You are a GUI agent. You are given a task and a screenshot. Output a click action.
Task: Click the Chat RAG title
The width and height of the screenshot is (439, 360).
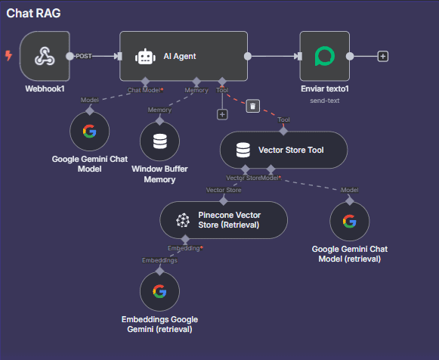pos(33,13)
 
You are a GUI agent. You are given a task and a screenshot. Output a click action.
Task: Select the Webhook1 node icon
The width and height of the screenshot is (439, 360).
pos(45,56)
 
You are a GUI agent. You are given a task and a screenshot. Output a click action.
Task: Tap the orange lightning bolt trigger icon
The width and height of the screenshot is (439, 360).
pos(8,55)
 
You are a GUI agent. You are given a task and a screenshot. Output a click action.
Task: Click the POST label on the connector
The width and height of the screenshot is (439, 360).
pos(84,56)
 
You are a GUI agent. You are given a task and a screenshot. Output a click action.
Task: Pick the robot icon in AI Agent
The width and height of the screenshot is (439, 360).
pos(145,57)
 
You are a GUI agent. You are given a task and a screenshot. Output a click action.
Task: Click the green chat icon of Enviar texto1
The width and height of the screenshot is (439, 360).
pos(325,56)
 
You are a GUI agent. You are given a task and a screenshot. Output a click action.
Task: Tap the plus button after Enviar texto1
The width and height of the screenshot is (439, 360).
pos(383,56)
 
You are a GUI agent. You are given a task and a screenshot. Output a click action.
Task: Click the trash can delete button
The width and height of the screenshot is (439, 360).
pos(253,106)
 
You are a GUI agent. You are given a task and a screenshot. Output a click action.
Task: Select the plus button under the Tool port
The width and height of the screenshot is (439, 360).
pos(222,115)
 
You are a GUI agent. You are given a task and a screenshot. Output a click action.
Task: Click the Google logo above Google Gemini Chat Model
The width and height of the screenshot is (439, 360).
pos(90,131)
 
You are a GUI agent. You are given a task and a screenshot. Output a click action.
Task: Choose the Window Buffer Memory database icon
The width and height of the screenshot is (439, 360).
pos(160,141)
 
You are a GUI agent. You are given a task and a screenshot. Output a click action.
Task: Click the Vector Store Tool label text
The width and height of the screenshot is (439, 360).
pos(291,150)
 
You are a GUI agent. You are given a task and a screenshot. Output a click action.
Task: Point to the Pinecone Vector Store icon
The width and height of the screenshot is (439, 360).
pos(183,220)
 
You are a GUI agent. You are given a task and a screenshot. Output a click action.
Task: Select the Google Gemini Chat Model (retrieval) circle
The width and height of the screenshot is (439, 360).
pos(349,222)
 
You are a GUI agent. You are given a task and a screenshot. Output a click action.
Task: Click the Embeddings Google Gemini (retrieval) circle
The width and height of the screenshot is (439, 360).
pos(159,291)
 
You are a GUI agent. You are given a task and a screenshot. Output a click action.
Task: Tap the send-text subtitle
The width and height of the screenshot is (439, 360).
pos(324,101)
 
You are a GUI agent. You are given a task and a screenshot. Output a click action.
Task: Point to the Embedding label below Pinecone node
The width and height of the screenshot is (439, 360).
pos(184,248)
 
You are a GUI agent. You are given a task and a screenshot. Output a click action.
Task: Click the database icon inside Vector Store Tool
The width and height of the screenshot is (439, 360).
pos(243,151)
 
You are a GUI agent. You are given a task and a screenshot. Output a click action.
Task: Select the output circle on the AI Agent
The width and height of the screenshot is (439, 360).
pos(248,56)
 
